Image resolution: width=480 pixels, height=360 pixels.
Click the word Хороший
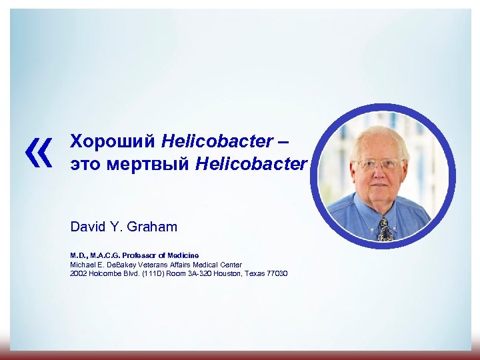point(113,141)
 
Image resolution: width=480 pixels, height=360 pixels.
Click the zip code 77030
point(275,274)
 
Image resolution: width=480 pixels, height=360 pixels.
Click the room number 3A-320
point(191,274)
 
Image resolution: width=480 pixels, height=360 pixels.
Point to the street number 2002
point(79,274)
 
